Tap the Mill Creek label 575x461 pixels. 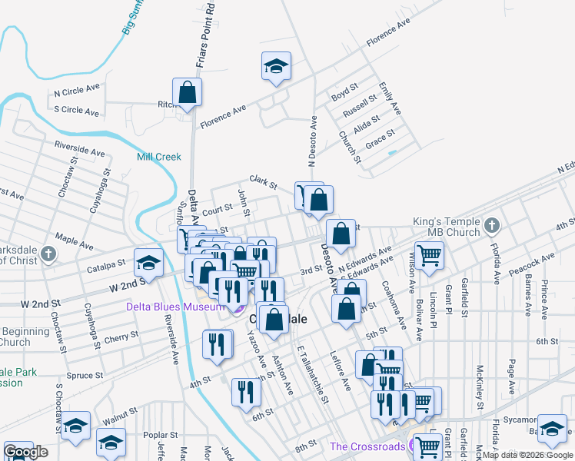coord(158,157)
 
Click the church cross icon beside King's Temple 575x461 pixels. coord(492,226)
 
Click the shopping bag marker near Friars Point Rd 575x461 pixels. coord(187,93)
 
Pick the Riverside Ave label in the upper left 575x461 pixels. coord(79,148)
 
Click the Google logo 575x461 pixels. coord(25,452)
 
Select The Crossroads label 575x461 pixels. coord(367,446)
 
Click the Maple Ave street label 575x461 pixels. coord(74,243)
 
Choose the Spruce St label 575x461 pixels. coord(84,376)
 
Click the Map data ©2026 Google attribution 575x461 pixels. coord(527,455)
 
